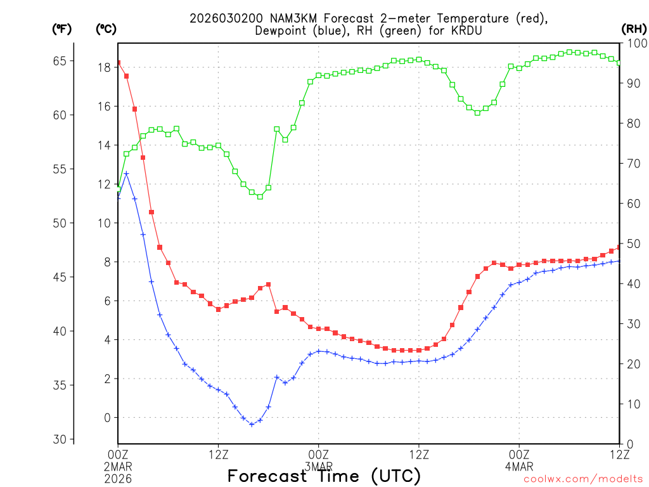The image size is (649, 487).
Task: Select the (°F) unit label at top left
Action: pyautogui.click(x=61, y=29)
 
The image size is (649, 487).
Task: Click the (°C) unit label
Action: pyautogui.click(x=105, y=29)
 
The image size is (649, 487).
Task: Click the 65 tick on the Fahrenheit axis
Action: pyautogui.click(x=60, y=61)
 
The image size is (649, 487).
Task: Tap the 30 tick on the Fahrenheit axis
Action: pyautogui.click(x=60, y=439)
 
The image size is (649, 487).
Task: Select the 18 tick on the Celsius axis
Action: pyautogui.click(x=105, y=67)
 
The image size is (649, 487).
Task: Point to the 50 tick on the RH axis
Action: pyautogui.click(x=632, y=243)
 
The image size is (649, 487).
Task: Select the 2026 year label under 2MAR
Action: pyautogui.click(x=119, y=475)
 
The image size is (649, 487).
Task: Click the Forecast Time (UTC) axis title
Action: pyautogui.click(x=324, y=476)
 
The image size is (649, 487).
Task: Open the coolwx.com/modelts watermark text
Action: pyautogui.click(x=583, y=479)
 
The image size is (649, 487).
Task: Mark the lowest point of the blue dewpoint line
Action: pyautogui.click(x=252, y=424)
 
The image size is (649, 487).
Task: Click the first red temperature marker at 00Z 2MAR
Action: pyautogui.click(x=119, y=63)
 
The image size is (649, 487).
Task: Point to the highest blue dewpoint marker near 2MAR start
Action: pyautogui.click(x=126, y=174)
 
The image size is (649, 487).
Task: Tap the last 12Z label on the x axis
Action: pyautogui.click(x=619, y=453)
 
